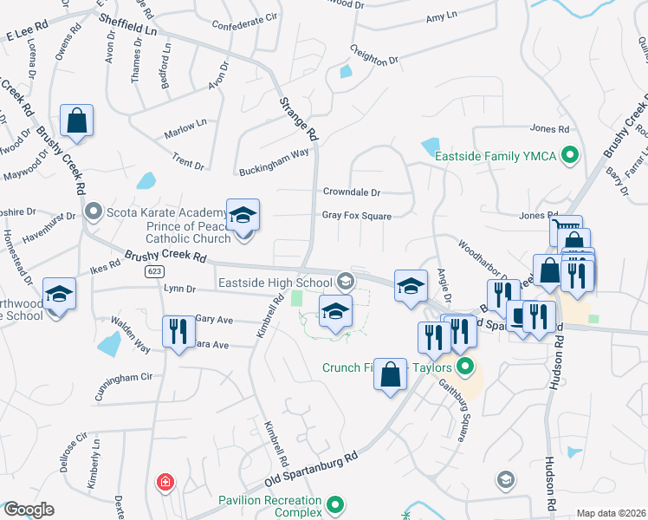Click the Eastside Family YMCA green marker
click(x=569, y=156)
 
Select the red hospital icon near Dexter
click(x=164, y=482)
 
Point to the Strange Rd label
click(x=297, y=118)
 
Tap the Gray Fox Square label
click(x=357, y=216)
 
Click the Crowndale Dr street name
click(x=352, y=192)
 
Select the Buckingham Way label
click(x=275, y=153)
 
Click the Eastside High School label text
click(x=275, y=282)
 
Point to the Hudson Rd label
click(x=549, y=484)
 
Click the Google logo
click(x=28, y=510)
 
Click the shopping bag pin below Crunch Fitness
click(x=391, y=374)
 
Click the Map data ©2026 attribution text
click(x=610, y=513)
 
